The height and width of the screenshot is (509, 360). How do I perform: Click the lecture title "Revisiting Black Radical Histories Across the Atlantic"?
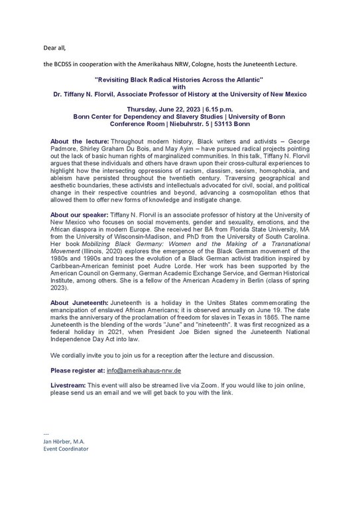[x=180, y=79]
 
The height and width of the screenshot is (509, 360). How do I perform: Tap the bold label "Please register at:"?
[x=82, y=370]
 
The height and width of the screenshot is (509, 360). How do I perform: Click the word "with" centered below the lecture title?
[x=180, y=87]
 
